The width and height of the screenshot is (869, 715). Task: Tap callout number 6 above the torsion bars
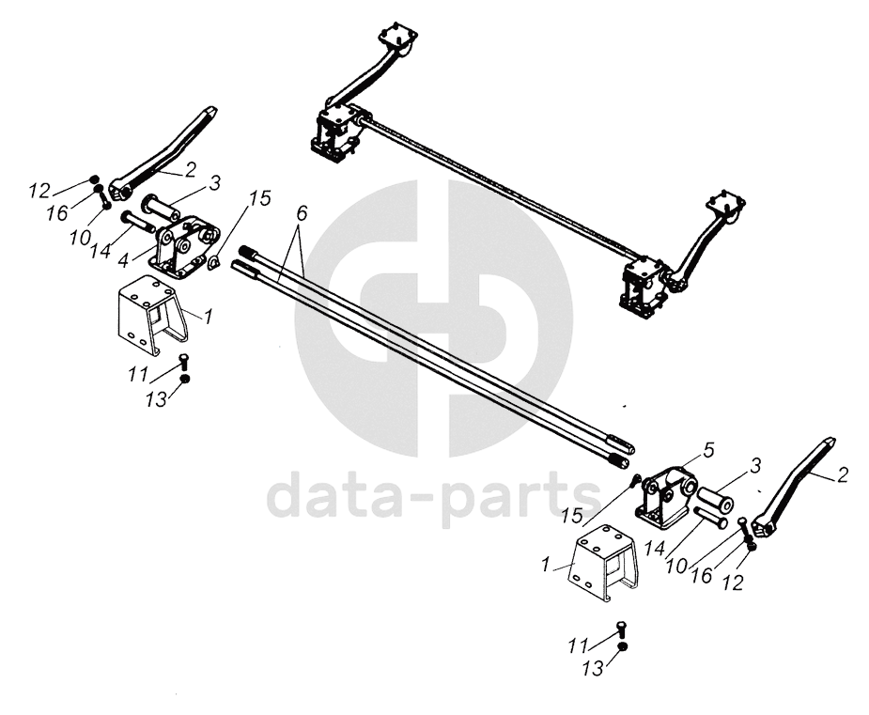(301, 213)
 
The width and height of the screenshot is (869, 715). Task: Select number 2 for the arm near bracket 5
(842, 474)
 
